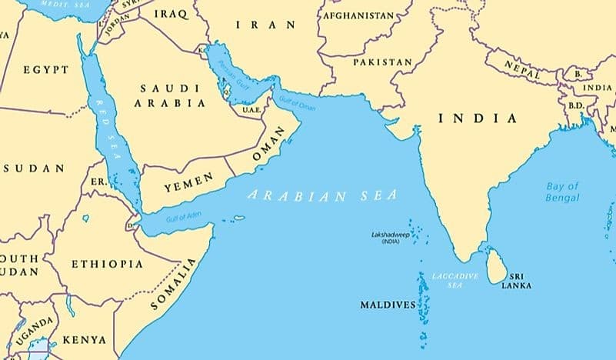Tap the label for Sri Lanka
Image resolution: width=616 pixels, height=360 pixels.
click(516, 281)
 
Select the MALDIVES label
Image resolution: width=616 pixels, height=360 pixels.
click(388, 305)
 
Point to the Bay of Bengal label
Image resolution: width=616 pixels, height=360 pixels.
click(563, 192)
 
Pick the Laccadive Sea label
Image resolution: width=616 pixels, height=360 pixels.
click(455, 280)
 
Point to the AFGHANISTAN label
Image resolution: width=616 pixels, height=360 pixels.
click(358, 15)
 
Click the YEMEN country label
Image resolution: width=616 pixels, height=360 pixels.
click(183, 187)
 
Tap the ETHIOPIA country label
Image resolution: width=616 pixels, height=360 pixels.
click(107, 264)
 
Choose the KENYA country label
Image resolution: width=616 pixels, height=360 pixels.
click(84, 339)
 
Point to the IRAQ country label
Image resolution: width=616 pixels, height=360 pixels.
click(170, 15)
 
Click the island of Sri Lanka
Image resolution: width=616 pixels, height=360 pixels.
click(497, 265)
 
